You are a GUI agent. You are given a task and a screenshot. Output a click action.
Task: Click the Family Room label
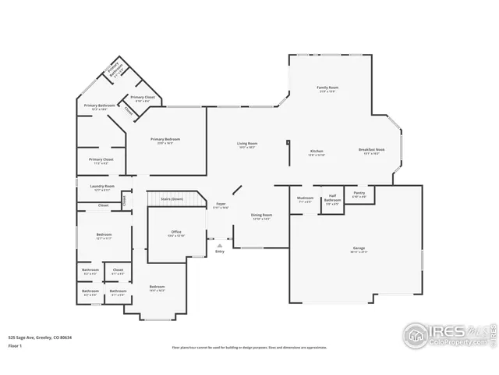click(x=327, y=88)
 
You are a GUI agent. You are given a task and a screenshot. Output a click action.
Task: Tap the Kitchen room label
click(x=317, y=151)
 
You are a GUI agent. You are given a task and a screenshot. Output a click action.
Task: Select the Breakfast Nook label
click(x=370, y=151)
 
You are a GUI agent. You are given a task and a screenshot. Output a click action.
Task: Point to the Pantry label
click(x=359, y=194)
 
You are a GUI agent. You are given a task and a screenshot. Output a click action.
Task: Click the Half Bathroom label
click(x=331, y=198)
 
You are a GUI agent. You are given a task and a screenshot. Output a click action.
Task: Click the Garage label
click(x=358, y=249)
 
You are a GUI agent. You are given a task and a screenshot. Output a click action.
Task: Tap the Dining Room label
click(x=261, y=216)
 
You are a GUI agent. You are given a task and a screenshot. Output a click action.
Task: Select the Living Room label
click(x=247, y=144)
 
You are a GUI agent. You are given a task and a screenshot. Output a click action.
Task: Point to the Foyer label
click(x=221, y=205)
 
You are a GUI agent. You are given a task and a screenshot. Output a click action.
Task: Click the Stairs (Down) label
click(x=171, y=199)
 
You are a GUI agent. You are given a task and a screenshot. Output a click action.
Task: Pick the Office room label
click(x=176, y=233)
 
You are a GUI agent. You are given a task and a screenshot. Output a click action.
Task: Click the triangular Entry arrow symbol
click(x=220, y=245)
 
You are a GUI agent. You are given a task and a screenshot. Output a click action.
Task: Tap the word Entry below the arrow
click(x=220, y=252)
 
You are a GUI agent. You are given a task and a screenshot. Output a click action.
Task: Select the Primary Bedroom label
click(x=165, y=141)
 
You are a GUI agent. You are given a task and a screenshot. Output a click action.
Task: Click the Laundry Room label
click(x=102, y=187)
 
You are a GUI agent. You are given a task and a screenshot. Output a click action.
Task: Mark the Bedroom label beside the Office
click(x=157, y=287)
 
